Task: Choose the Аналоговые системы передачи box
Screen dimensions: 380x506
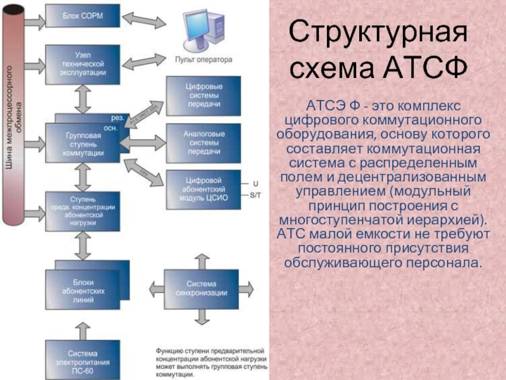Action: click(x=203, y=143)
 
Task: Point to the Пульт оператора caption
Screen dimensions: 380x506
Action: click(x=203, y=60)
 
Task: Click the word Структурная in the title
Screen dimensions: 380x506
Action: click(x=379, y=31)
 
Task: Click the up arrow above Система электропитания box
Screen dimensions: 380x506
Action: click(x=82, y=329)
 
